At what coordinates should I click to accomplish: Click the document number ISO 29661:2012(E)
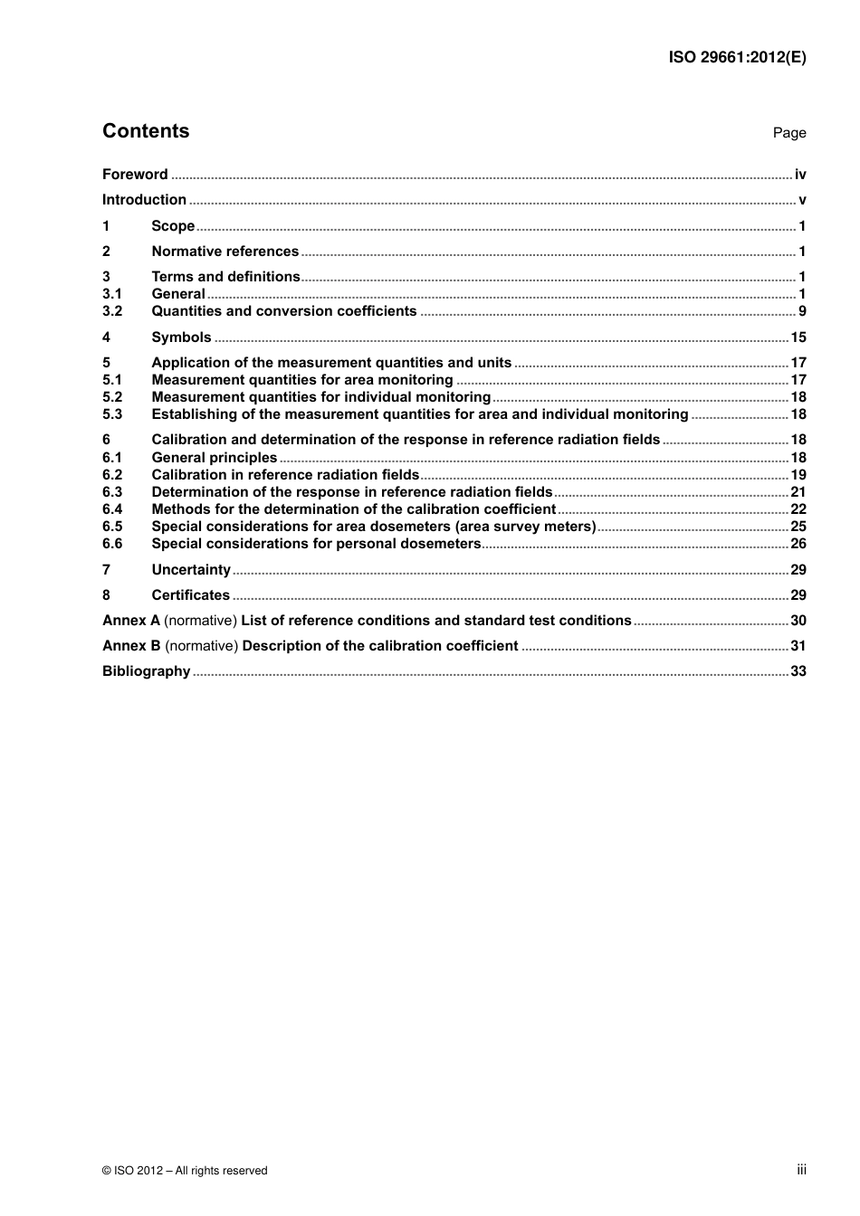737,57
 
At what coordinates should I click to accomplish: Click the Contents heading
146,131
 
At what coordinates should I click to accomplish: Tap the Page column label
788,133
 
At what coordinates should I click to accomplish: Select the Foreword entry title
135,175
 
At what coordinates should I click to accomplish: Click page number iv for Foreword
799,175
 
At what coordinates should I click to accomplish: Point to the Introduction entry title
144,200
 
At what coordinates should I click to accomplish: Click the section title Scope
173,226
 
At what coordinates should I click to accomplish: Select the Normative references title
225,252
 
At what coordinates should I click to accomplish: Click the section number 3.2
112,311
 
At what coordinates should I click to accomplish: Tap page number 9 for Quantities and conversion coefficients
801,311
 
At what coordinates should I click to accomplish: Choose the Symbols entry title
181,337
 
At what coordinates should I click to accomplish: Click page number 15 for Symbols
798,337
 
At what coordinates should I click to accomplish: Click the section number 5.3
112,414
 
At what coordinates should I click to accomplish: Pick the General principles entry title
214,458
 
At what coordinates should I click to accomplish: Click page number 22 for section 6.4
798,509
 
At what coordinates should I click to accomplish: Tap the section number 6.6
112,544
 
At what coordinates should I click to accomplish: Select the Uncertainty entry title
191,570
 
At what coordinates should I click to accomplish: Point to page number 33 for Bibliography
798,671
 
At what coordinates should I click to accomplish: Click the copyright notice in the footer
185,1171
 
